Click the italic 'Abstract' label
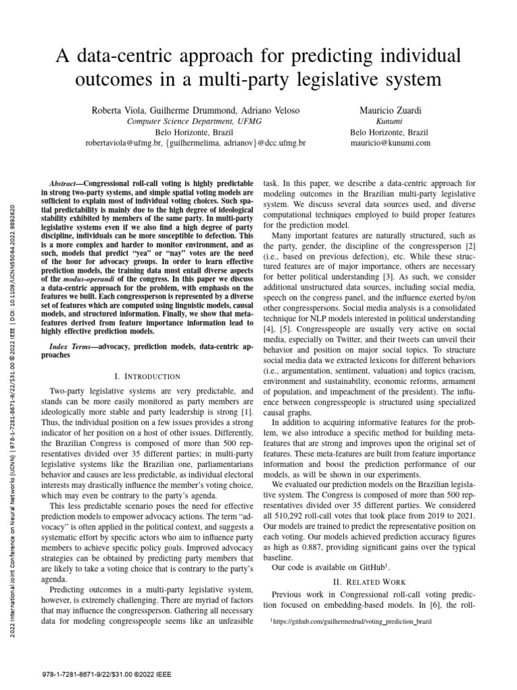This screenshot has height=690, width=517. click(66, 184)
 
